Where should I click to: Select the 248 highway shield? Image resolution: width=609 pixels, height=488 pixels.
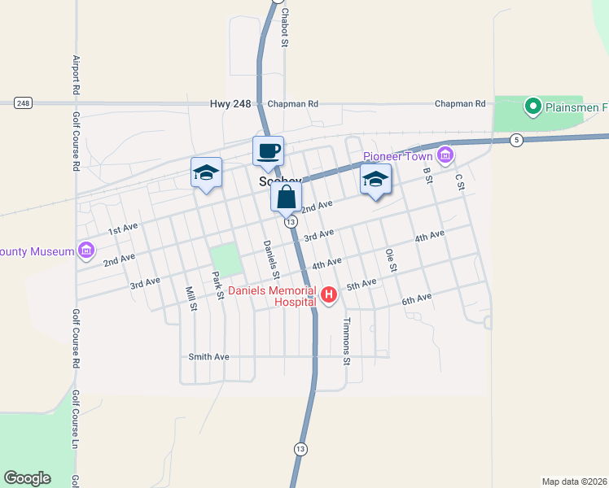(23, 102)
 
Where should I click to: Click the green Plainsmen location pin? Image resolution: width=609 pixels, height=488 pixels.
(533, 106)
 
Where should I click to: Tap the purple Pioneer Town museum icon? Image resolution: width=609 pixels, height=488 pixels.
(445, 155)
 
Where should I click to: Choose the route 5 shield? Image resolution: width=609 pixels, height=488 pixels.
(516, 141)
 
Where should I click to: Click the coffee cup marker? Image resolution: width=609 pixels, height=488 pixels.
(268, 150)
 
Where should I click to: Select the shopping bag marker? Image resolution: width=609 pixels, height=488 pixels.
(287, 197)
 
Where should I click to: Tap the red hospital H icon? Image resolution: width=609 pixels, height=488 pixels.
(329, 294)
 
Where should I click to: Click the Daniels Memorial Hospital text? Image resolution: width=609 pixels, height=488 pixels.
(272, 296)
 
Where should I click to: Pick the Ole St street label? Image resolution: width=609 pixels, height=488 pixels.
(392, 260)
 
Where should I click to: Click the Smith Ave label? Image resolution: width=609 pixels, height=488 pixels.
(208, 356)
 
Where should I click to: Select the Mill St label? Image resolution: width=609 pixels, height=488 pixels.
(191, 298)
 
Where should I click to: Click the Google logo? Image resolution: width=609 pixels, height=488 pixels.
(27, 478)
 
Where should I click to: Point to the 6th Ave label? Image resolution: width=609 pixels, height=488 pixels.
(416, 300)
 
